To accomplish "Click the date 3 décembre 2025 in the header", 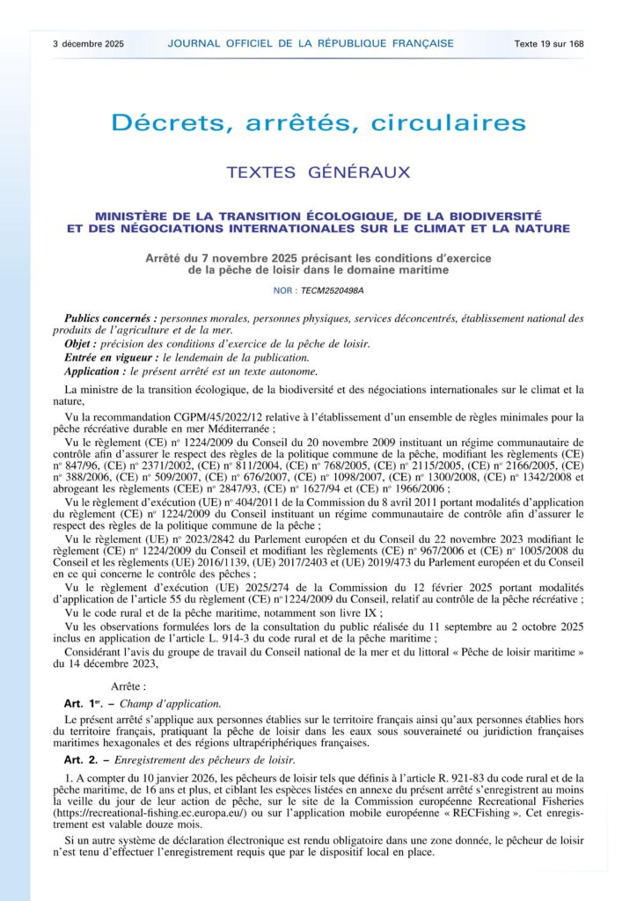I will tap(88, 43).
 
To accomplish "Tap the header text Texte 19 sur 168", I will tap(549, 43).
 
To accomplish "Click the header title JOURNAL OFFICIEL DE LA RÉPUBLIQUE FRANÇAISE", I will tap(311, 43).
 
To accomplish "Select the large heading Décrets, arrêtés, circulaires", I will tap(318, 123).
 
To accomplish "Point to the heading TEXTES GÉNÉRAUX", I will tap(318, 172).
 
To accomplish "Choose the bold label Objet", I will tap(80, 343).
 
